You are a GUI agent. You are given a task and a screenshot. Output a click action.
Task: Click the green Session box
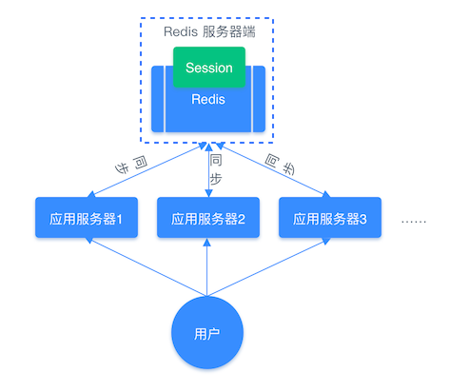(208, 67)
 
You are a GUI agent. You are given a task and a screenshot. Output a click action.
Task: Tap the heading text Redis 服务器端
(208, 31)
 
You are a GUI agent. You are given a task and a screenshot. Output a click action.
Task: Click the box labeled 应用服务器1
(86, 218)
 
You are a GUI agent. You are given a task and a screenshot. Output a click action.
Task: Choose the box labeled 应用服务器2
(208, 218)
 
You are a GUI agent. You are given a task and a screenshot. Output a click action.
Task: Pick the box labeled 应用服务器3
(329, 218)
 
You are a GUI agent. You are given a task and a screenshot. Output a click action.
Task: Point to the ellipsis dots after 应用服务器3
(414, 220)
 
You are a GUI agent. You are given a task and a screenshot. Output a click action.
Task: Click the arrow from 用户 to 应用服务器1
(143, 265)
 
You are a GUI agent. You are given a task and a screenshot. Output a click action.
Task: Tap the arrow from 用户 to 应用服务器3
(271, 265)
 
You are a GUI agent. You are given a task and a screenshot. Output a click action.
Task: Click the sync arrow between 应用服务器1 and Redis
(143, 171)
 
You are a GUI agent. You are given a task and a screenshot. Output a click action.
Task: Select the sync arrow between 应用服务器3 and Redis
(271, 171)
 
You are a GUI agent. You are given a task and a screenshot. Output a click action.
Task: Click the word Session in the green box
(208, 68)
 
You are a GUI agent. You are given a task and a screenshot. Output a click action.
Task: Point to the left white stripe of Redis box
(166, 100)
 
